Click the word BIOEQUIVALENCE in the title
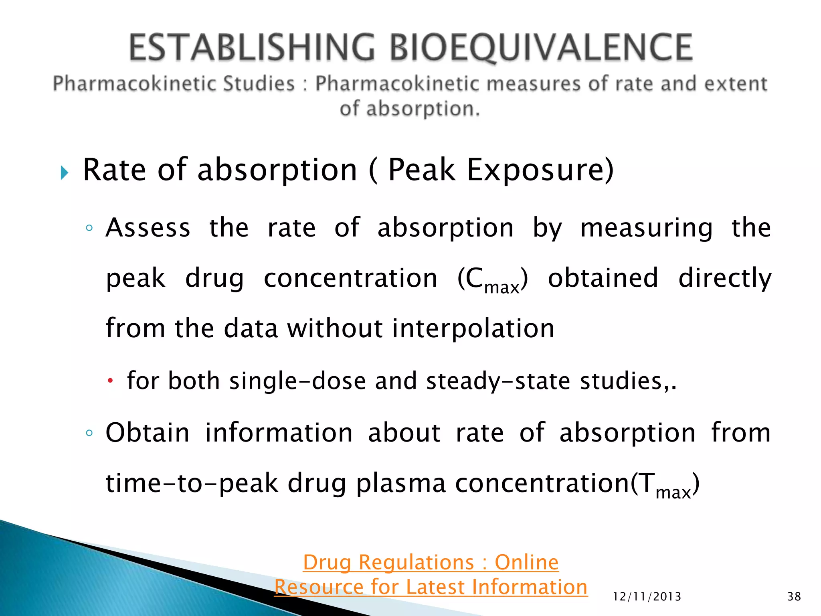coord(541,48)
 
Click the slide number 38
coord(794,596)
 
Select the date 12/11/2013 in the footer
coord(647,597)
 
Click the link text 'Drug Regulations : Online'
coord(431,562)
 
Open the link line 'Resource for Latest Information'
coord(431,587)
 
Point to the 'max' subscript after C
coord(501,288)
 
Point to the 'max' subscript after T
coord(673,492)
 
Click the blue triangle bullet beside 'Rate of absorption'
coord(64,173)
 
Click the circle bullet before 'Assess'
coord(89,228)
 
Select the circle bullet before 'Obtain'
coord(89,433)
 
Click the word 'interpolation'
coord(473,328)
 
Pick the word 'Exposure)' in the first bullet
coord(540,170)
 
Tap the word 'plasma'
coord(400,483)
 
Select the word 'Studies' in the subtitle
coord(259,84)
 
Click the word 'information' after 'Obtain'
coord(279,433)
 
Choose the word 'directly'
coord(725,278)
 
